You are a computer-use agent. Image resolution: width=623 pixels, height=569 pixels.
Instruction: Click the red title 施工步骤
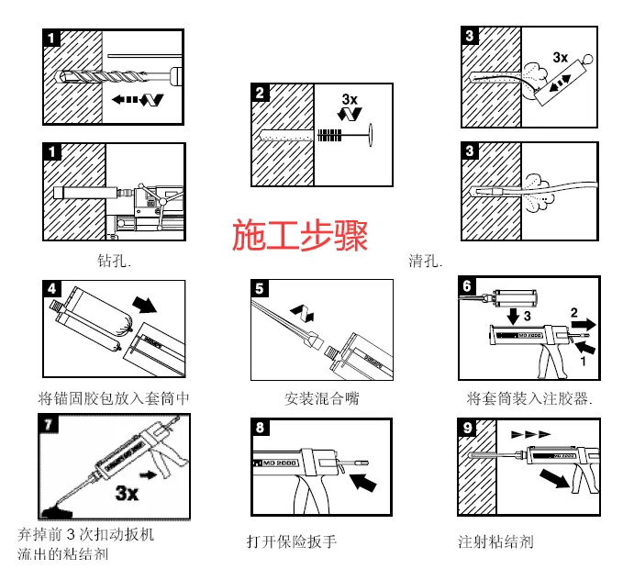pyautogui.click(x=300, y=236)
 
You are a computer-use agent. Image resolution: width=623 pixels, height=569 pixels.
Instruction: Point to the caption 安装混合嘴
pyautogui.click(x=321, y=398)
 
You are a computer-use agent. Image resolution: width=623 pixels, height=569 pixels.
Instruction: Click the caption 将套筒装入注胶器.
pyautogui.click(x=529, y=398)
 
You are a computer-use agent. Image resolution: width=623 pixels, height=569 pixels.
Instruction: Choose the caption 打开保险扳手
pyautogui.click(x=292, y=541)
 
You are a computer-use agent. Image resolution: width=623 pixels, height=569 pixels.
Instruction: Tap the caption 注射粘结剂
pyautogui.click(x=495, y=541)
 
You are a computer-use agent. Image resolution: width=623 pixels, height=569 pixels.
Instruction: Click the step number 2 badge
pyautogui.click(x=261, y=93)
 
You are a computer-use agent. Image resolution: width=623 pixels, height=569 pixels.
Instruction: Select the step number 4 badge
pyautogui.click(x=53, y=288)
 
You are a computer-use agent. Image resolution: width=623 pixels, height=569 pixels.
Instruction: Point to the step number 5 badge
pyautogui.click(x=261, y=288)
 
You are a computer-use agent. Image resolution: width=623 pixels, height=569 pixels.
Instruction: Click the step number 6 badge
pyautogui.click(x=467, y=286)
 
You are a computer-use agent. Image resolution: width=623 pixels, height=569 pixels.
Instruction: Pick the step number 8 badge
pyautogui.click(x=261, y=427)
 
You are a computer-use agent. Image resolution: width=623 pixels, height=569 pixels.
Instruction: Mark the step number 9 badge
pyautogui.click(x=467, y=427)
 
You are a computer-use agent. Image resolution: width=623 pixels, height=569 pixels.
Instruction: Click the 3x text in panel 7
pyautogui.click(x=126, y=494)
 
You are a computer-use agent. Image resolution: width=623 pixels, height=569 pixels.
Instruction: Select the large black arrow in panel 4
pyautogui.click(x=145, y=304)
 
